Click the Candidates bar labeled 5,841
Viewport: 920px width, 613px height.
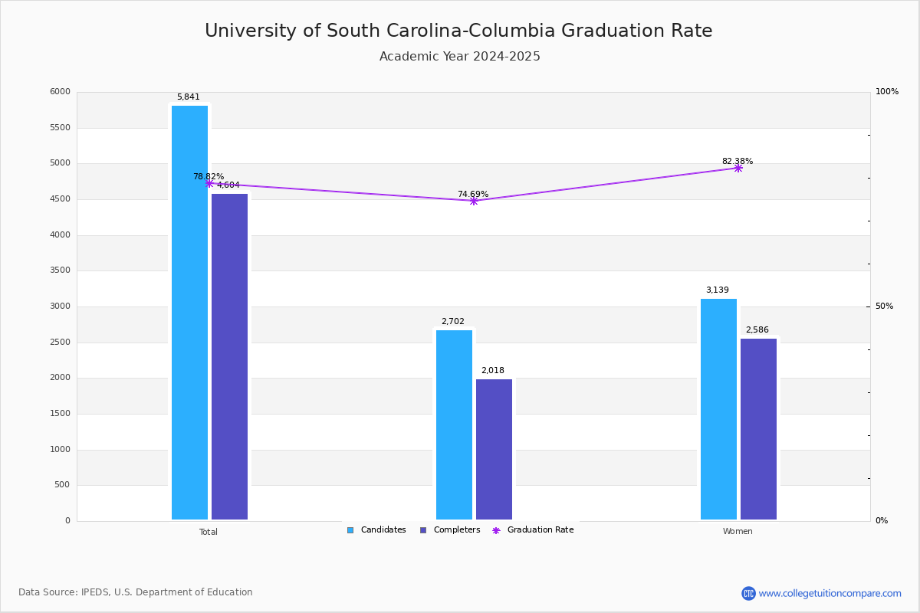[x=189, y=313]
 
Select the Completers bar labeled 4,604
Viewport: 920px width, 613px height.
[x=229, y=356]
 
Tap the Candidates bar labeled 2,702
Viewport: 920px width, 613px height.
[x=454, y=425]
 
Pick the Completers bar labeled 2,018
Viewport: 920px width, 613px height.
[x=494, y=449]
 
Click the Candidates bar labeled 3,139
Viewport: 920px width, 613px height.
[x=718, y=409]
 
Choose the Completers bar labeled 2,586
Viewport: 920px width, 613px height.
[x=758, y=429]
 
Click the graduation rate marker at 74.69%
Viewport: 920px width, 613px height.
[x=474, y=202]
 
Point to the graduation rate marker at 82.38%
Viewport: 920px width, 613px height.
[x=738, y=169]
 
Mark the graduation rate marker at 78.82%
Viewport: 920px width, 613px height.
[x=209, y=184]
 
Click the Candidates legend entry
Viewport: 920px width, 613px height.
[x=376, y=530]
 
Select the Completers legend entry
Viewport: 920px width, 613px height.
[x=450, y=530]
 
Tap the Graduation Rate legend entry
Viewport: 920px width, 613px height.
[x=533, y=530]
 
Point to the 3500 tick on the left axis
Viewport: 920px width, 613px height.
[x=61, y=270]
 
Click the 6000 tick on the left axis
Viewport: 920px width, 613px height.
[x=61, y=91]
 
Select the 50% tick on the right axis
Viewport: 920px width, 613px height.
[x=884, y=306]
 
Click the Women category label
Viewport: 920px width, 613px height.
[x=738, y=531]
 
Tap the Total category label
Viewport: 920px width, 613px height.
[x=209, y=532]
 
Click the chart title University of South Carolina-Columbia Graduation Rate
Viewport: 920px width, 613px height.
[x=458, y=31]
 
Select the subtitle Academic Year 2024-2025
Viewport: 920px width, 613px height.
[x=459, y=56]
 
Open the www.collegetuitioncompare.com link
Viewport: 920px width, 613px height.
[x=830, y=593]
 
